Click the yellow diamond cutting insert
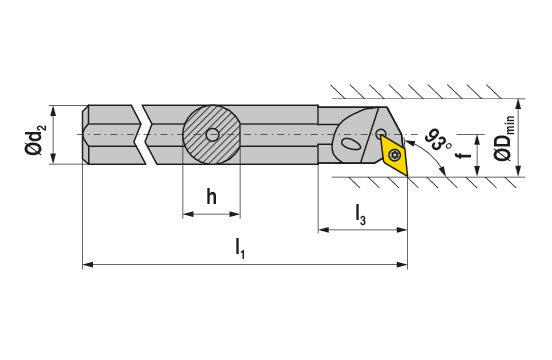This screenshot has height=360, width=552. pyautogui.click(x=394, y=155)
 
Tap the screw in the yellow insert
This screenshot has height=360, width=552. pyautogui.click(x=395, y=154)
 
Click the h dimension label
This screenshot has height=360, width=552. pyautogui.click(x=211, y=196)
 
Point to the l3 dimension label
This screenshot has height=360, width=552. pyautogui.click(x=360, y=215)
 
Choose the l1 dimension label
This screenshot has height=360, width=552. pyautogui.click(x=240, y=248)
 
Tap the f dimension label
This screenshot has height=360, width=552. pyautogui.click(x=465, y=155)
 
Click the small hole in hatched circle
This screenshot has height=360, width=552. pyautogui.click(x=212, y=134)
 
